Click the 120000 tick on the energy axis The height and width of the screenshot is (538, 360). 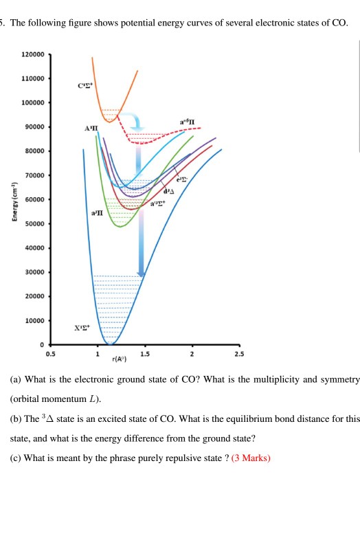pyautogui.click(x=34, y=54)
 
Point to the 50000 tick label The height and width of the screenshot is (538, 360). pyautogui.click(x=34, y=224)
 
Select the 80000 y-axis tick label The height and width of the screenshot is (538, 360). pyautogui.click(x=34, y=151)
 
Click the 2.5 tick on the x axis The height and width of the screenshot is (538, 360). pyautogui.click(x=238, y=353)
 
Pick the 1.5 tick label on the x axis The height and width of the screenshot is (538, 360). pyautogui.click(x=144, y=353)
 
